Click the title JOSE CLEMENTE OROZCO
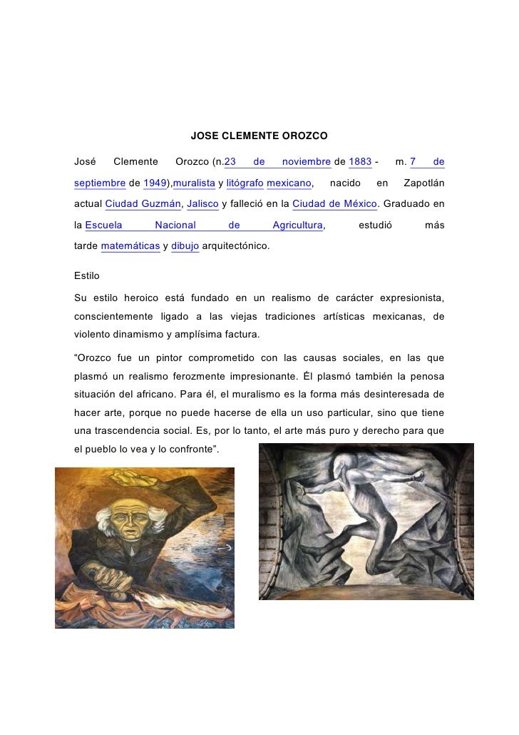pyautogui.click(x=259, y=135)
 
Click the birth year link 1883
pyautogui.click(x=360, y=162)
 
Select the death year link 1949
pyautogui.click(x=154, y=183)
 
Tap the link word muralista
pyautogui.click(x=194, y=183)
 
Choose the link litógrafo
pyautogui.click(x=245, y=183)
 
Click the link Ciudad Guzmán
pyautogui.click(x=143, y=204)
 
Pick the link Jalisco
pyautogui.click(x=202, y=204)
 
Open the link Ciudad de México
pyautogui.click(x=334, y=204)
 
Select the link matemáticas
pyautogui.click(x=130, y=247)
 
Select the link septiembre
pyautogui.click(x=100, y=183)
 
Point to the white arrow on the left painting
pyautogui.click(x=226, y=548)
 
